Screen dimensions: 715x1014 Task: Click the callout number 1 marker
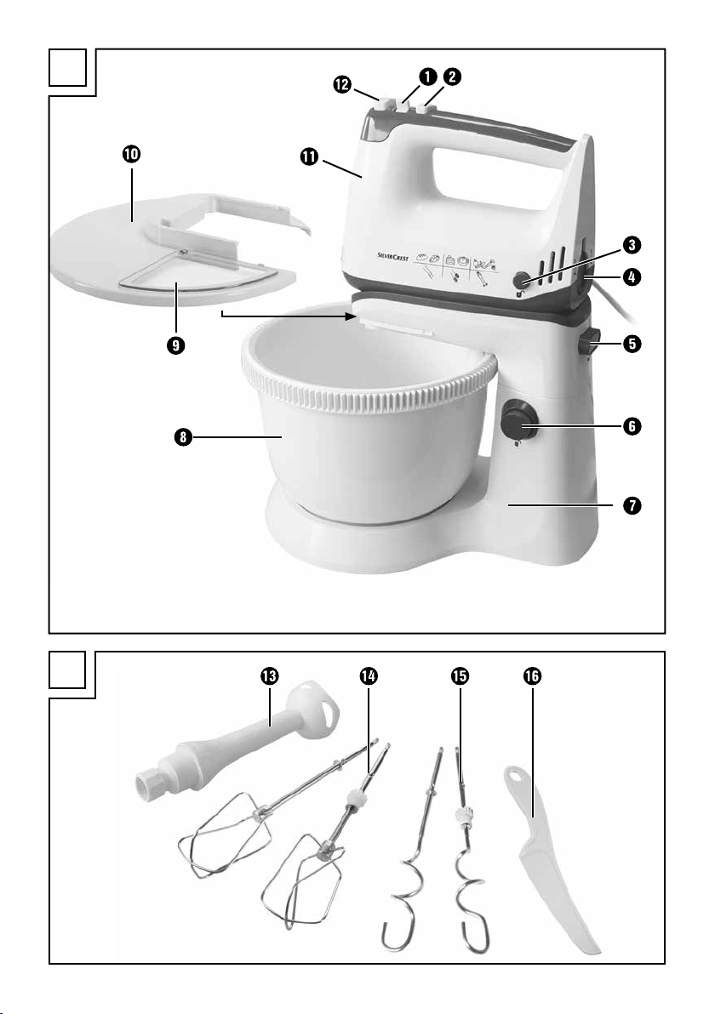426,77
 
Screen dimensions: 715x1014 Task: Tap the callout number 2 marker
452,77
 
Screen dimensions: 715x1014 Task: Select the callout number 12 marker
341,84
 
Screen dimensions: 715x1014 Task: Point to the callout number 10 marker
131,154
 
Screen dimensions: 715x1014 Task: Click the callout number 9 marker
174,345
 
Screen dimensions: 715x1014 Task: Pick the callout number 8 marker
184,438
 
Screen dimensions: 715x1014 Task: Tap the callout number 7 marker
632,505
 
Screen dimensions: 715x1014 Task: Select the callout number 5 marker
632,344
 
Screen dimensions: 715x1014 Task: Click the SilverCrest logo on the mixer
392,257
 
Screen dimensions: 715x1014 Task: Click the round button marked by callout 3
521,281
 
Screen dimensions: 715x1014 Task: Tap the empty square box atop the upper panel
67,67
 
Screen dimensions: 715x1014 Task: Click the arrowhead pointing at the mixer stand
352,316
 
